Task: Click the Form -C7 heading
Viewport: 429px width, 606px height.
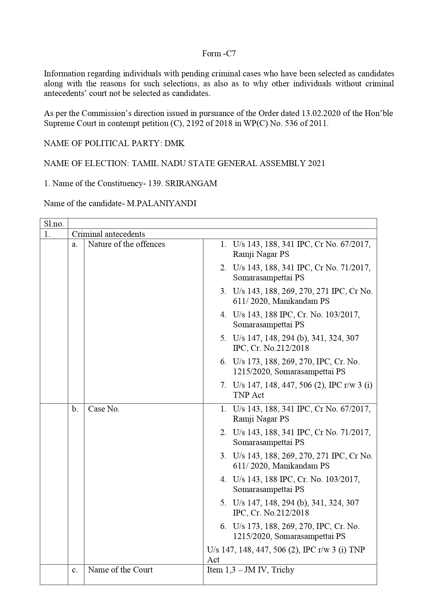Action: pyautogui.click(x=219, y=54)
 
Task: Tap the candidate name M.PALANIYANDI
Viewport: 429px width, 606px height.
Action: pyautogui.click(x=161, y=203)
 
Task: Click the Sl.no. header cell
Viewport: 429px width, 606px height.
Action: pyautogui.click(x=54, y=224)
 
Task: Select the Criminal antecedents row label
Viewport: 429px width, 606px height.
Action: pyautogui.click(x=108, y=234)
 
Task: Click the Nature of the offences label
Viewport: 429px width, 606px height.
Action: pyautogui.click(x=127, y=244)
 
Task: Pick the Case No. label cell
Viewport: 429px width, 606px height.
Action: pyautogui.click(x=104, y=409)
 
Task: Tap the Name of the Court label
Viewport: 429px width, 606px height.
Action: pyautogui.click(x=120, y=570)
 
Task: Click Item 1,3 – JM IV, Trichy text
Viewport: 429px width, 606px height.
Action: pyautogui.click(x=251, y=570)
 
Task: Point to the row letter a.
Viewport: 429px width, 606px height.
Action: pyautogui.click(x=75, y=244)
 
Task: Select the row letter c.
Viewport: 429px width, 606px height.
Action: pyautogui.click(x=75, y=570)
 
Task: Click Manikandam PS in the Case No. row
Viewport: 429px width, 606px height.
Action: pyautogui.click(x=301, y=466)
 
